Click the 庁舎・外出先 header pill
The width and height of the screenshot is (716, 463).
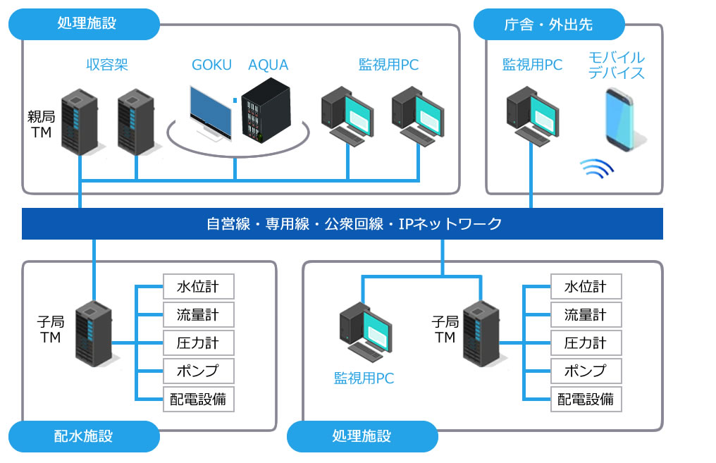(549, 25)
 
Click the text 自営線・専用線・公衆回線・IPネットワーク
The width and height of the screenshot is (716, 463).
(354, 224)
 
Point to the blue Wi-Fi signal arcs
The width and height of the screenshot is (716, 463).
(596, 167)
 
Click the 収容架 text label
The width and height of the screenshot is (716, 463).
(106, 65)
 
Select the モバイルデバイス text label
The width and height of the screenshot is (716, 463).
(617, 65)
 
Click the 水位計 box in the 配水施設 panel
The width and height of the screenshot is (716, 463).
(198, 287)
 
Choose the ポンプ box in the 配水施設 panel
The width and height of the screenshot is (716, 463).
(198, 371)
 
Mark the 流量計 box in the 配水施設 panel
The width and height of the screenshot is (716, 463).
(198, 315)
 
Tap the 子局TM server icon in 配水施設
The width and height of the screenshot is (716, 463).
(93, 333)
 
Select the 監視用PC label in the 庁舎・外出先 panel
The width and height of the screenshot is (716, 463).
(532, 65)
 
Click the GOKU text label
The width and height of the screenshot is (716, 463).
(211, 65)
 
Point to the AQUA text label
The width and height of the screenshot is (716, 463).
(268, 65)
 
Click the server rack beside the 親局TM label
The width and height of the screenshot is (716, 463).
(79, 121)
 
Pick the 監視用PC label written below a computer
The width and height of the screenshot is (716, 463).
(364, 378)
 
